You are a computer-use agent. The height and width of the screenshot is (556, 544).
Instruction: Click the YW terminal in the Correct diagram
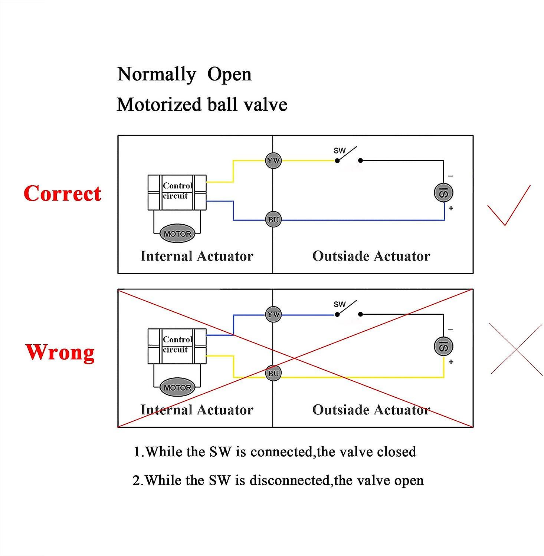point(273,161)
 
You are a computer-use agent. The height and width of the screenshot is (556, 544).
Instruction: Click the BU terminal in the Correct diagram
point(273,219)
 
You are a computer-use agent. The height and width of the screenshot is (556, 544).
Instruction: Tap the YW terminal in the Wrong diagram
point(273,314)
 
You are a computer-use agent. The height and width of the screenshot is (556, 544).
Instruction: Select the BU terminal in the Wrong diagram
point(273,373)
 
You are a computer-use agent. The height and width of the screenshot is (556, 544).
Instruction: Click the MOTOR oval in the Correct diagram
point(177,234)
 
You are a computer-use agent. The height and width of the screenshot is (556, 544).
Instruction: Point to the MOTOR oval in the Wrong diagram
point(177,388)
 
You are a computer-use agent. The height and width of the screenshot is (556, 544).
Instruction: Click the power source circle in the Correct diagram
point(443,193)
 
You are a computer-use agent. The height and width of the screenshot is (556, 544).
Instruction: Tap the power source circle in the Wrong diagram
point(443,346)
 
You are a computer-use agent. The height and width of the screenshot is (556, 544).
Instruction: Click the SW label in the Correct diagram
point(339,150)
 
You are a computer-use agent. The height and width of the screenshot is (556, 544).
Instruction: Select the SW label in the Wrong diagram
point(339,304)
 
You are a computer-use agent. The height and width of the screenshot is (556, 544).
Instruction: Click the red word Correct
point(62,193)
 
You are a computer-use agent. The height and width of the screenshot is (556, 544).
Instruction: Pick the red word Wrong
point(60,352)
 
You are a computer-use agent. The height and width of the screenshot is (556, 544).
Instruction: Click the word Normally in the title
point(156,75)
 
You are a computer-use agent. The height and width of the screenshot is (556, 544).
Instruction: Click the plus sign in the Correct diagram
point(451,208)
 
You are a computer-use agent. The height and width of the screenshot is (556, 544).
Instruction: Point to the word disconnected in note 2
point(289,480)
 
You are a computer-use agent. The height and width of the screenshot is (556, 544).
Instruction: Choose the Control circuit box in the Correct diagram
point(177,192)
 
